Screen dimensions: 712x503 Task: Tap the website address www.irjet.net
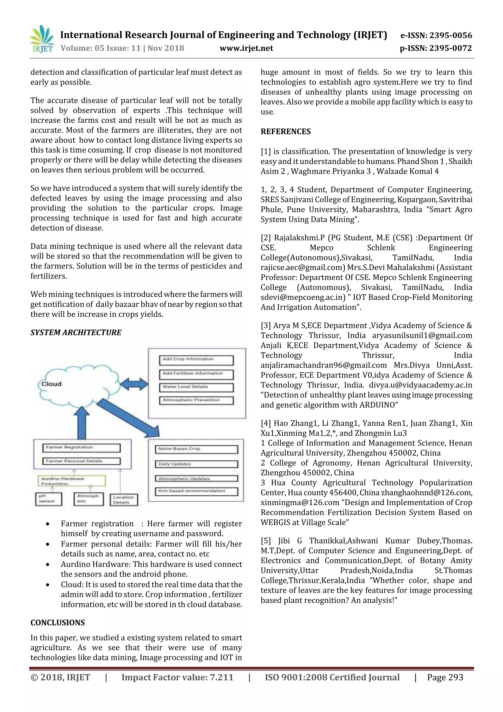coord(246,48)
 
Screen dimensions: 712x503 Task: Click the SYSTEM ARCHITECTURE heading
coord(76,333)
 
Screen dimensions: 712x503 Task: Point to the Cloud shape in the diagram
coord(77,385)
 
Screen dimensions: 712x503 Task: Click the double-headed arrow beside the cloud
coord(134,384)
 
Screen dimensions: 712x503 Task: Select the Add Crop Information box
coord(196,360)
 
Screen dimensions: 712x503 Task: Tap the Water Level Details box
coord(196,387)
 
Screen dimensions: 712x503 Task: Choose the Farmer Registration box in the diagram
coord(81,448)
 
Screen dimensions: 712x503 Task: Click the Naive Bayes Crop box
coord(196,449)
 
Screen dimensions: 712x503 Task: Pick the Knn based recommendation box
coord(196,491)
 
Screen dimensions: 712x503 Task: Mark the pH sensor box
coord(48,499)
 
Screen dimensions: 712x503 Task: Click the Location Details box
coord(124,500)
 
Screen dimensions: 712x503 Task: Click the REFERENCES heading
coord(285,131)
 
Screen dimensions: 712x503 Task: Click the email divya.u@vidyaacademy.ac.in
coord(420,385)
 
